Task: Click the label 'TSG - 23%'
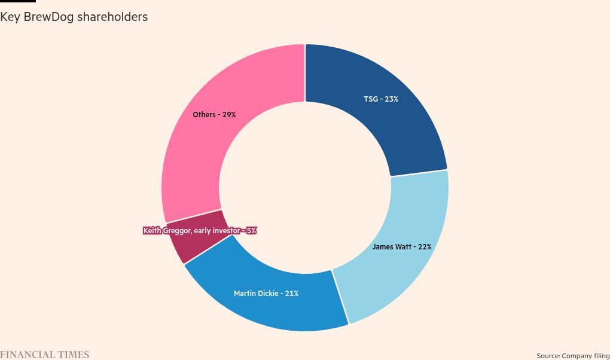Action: pos(381,99)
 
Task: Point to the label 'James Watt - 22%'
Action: pos(402,246)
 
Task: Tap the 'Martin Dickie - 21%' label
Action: pos(266,294)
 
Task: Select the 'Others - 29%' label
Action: pos(214,114)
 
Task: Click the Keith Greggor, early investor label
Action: pos(200,230)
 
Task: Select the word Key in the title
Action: pos(10,17)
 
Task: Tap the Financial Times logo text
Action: pos(45,355)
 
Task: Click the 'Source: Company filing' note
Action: pos(573,356)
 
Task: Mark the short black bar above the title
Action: pos(18,1)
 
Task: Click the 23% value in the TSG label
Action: pos(392,99)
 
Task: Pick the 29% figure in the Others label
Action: pos(229,114)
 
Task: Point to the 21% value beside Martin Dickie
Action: pos(291,294)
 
